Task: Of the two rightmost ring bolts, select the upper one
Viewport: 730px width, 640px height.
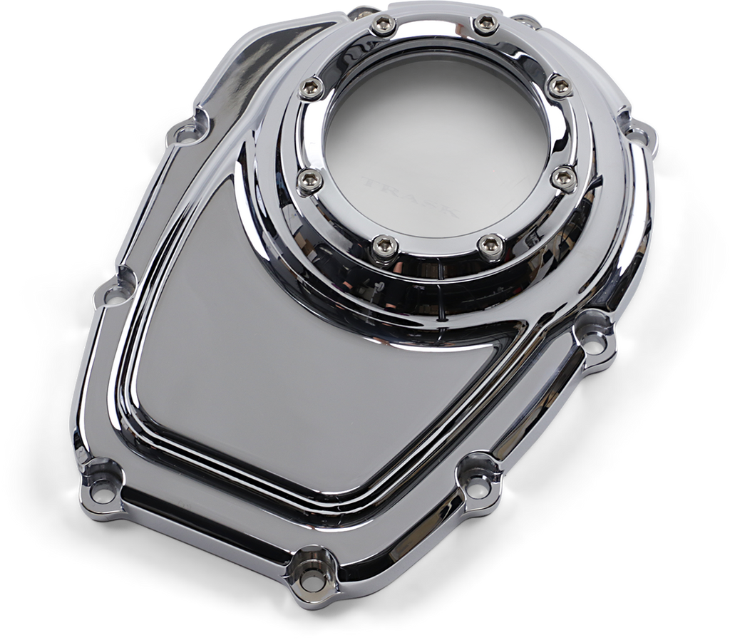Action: coord(558,87)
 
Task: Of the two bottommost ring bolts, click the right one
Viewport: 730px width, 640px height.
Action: coord(490,246)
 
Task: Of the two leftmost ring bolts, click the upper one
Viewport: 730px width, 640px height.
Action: coord(312,88)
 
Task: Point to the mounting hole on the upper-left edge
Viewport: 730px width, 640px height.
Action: coord(187,131)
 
